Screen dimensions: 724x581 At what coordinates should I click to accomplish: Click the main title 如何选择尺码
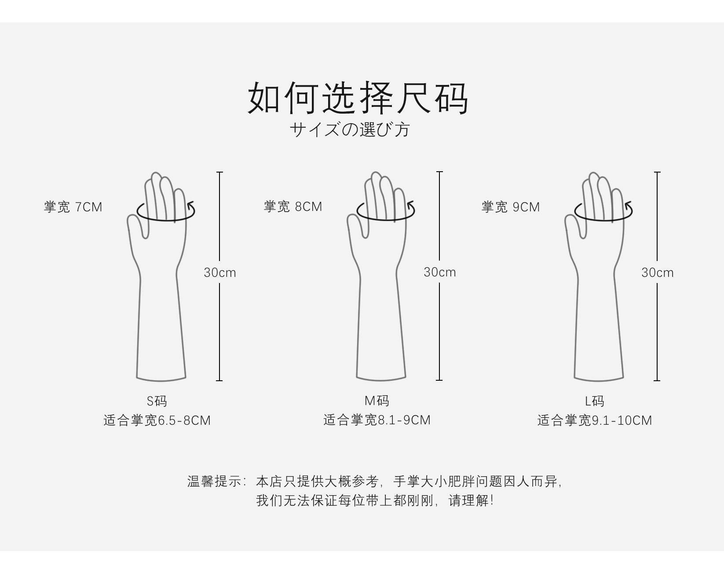pos(358,98)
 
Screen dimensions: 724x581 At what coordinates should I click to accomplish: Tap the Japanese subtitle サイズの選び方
pos(350,129)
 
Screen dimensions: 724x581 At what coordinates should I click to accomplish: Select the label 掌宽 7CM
pos(73,207)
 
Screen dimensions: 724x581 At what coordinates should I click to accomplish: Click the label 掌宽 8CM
pos(293,207)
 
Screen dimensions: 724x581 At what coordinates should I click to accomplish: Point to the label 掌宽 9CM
pos(511,207)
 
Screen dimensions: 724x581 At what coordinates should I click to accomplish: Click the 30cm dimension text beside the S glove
pos(219,272)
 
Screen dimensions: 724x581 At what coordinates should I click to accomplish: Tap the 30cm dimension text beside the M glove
pos(440,272)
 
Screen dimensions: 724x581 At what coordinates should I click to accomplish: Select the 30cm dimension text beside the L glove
pos(658,272)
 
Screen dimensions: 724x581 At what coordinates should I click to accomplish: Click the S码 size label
pos(157,401)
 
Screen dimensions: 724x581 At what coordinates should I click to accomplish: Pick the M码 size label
pos(377,401)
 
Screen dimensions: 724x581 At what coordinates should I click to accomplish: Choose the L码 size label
pos(595,401)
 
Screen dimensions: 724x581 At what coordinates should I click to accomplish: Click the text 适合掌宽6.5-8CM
pos(157,420)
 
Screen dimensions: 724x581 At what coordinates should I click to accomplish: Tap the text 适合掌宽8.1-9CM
pos(377,420)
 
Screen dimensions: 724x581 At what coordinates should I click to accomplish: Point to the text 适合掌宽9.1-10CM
pos(595,420)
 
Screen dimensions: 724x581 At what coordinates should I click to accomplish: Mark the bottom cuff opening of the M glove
pos(381,379)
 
